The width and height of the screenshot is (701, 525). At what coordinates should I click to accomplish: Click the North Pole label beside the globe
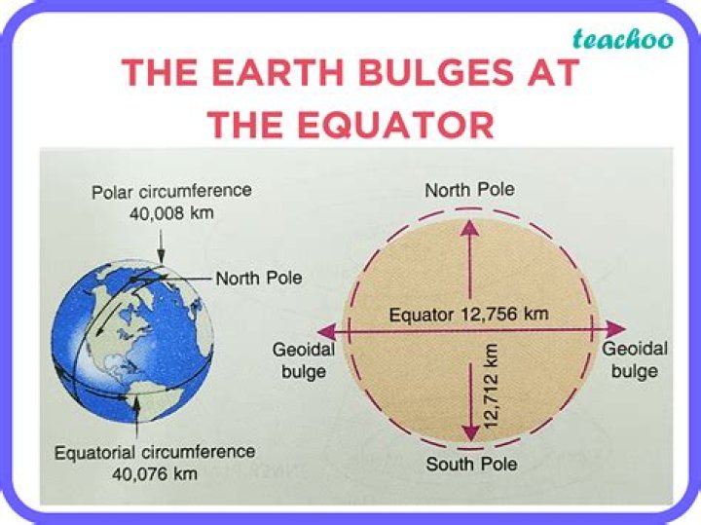259,278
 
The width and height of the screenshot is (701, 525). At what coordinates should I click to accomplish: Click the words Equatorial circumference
155,453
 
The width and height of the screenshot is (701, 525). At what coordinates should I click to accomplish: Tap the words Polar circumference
171,190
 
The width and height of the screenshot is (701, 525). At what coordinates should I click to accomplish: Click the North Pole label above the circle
469,190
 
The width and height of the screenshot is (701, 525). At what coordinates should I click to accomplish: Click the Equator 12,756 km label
468,315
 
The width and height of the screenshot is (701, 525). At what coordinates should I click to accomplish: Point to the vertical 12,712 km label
491,388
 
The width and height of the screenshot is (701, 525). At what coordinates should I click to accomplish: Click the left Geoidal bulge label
303,359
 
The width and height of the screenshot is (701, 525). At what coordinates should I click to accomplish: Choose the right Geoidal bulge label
635,359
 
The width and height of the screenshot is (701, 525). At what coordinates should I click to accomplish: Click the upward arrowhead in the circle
469,228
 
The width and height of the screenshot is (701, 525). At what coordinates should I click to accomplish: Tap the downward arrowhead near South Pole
469,430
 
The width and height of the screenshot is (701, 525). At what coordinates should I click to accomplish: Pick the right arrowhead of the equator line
615,329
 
